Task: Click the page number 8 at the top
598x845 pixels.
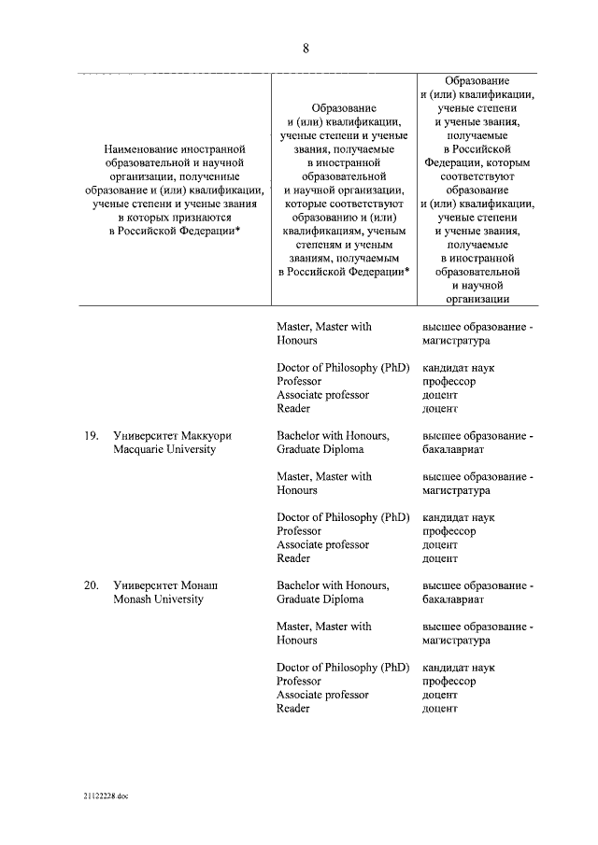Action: [306, 49]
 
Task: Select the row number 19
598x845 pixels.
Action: [92, 436]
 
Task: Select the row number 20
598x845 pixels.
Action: [92, 585]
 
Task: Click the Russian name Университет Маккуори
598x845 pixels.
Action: [172, 436]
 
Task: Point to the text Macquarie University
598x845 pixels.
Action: [164, 450]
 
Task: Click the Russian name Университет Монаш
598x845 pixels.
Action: [165, 585]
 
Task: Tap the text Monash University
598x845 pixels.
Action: [158, 599]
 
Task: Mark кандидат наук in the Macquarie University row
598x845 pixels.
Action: [459, 517]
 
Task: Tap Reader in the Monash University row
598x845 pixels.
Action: [293, 709]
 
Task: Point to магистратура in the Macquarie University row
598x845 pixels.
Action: [457, 490]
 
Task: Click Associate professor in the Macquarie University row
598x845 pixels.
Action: [322, 544]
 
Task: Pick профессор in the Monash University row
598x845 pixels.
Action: [449, 682]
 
